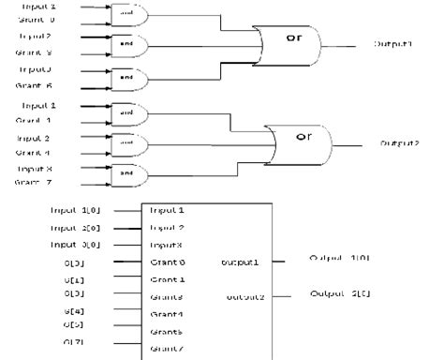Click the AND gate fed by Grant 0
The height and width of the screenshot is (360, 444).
(124, 13)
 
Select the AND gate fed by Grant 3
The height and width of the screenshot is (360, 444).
(124, 42)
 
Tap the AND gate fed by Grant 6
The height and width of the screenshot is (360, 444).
(124, 75)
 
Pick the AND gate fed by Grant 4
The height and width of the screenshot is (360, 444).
(124, 142)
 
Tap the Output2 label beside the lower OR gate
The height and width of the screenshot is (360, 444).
(398, 142)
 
